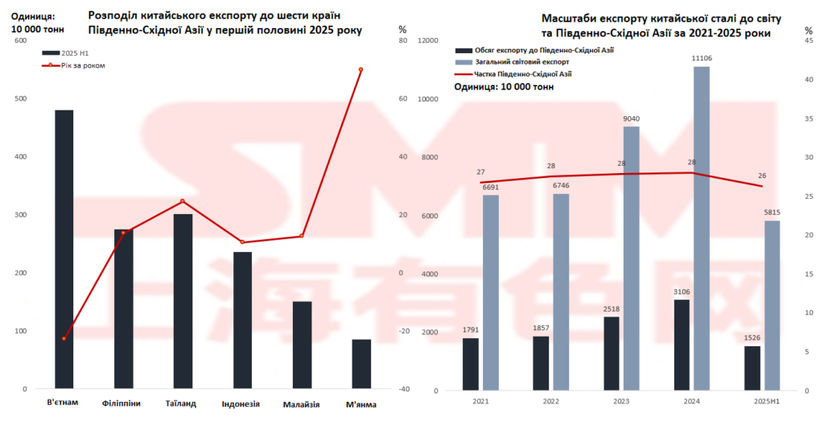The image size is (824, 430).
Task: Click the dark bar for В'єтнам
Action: point(64,250)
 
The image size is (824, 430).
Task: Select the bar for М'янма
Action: point(361,364)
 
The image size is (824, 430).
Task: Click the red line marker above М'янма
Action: point(361,70)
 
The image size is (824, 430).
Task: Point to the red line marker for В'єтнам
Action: point(64,338)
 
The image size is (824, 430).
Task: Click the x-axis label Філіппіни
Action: point(122,403)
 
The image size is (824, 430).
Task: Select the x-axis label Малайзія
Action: point(302,403)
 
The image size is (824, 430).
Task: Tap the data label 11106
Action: point(702,58)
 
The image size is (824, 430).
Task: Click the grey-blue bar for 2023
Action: point(631,258)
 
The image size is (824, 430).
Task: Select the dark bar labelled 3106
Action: point(682,345)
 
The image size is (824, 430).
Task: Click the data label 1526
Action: point(752,337)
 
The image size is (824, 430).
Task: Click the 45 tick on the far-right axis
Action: point(809,41)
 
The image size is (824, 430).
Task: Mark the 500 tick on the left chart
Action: point(19,99)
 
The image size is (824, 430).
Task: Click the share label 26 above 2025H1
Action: point(760,176)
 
